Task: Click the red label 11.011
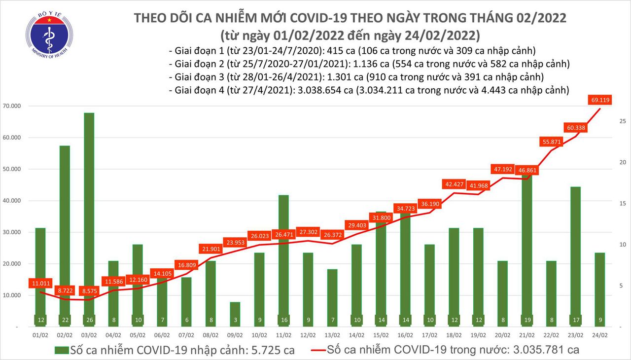click(41, 284)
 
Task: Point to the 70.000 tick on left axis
click(18, 106)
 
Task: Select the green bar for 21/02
click(527, 247)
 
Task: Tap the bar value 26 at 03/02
click(89, 320)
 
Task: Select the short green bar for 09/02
click(235, 311)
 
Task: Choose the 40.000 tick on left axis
click(18, 201)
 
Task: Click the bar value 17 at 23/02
click(576, 320)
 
